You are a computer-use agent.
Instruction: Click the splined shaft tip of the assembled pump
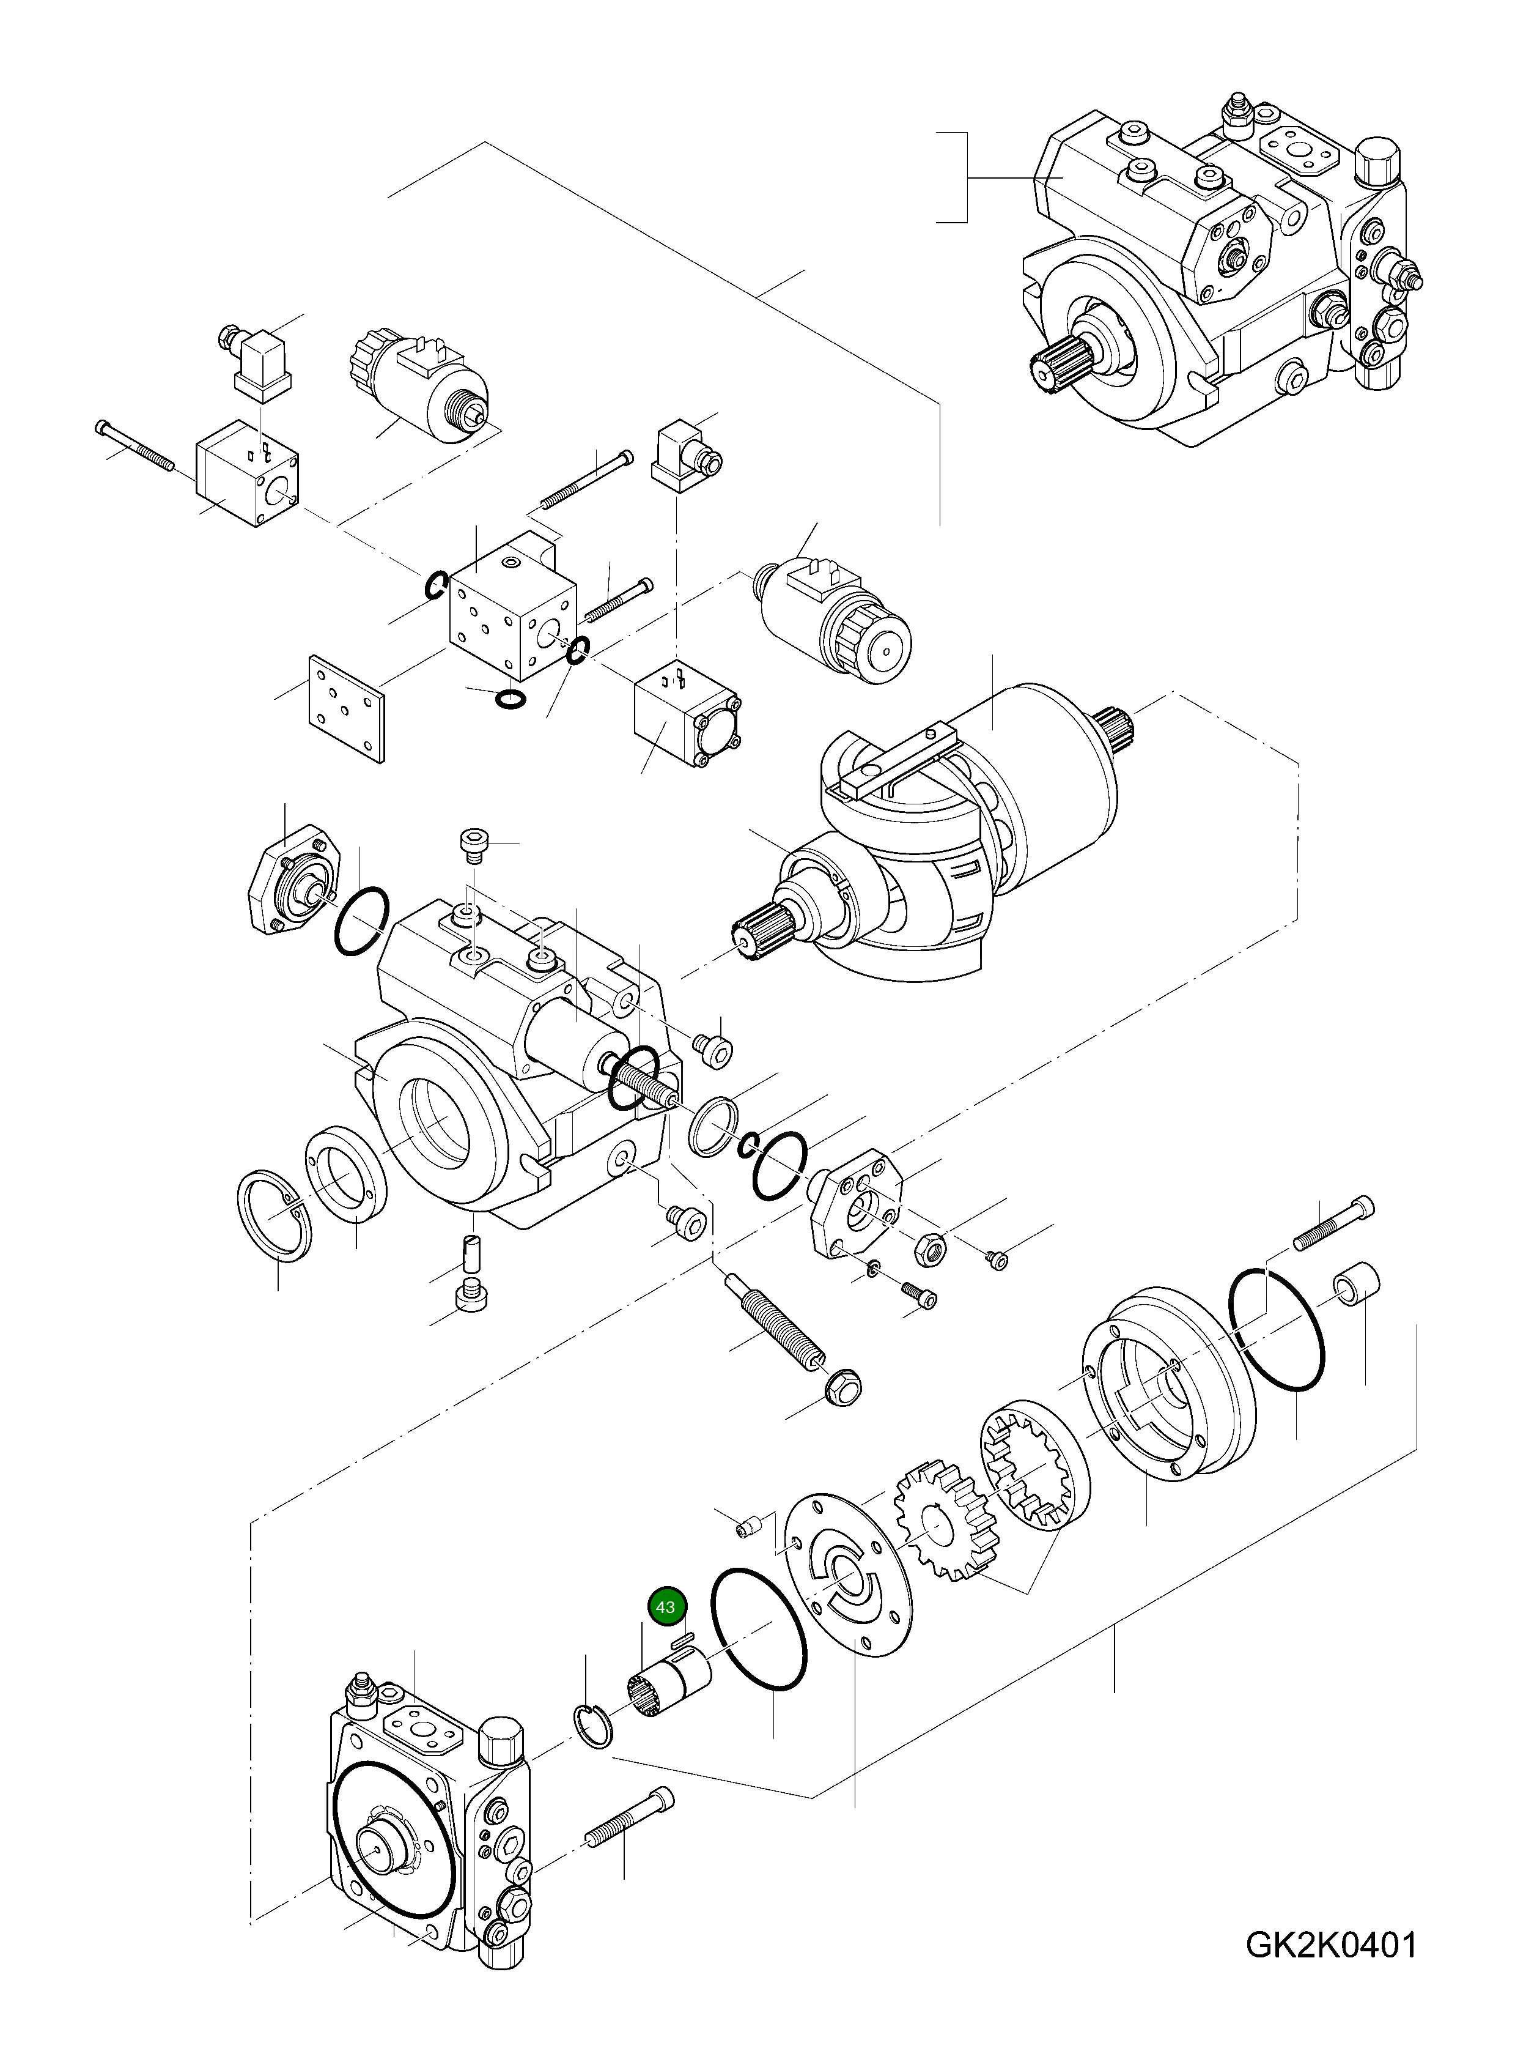[x=1055, y=363]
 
